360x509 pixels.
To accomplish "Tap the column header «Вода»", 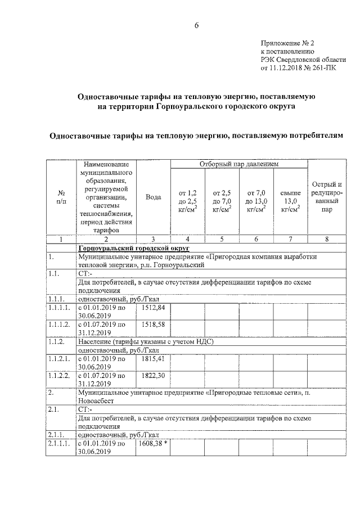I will [x=153, y=197].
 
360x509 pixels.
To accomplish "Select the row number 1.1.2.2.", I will [x=58, y=375].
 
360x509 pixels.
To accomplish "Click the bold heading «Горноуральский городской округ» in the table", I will [x=134, y=248].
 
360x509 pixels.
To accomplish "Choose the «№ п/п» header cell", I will [x=61, y=197].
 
